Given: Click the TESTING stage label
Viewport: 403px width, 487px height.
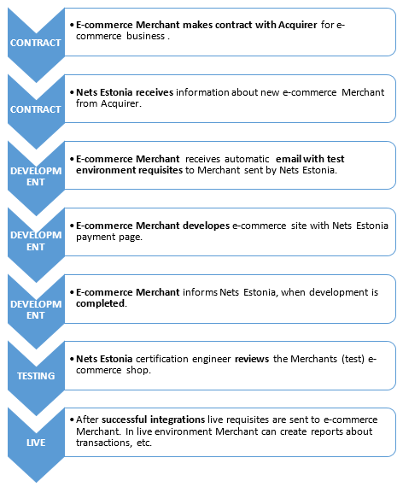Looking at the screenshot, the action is click(x=36, y=376).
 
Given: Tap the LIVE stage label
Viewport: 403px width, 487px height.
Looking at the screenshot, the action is click(x=36, y=443).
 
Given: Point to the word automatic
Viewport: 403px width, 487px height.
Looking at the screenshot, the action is click(x=247, y=159).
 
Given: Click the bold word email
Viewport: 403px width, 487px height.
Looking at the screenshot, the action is click(x=289, y=159).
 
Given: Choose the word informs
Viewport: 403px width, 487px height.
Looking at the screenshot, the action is click(x=200, y=292).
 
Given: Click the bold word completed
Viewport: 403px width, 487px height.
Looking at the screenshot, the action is click(x=100, y=303).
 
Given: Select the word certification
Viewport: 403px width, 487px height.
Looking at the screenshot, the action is click(x=161, y=359).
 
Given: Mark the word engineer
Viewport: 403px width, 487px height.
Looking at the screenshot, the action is click(x=211, y=360).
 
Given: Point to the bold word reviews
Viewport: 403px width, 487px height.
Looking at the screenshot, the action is click(x=252, y=359).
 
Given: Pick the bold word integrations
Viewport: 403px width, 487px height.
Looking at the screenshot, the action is click(x=178, y=420).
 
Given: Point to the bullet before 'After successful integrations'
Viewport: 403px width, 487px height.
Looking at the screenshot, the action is click(x=72, y=420).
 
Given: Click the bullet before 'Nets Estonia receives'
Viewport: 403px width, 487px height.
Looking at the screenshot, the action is click(x=72, y=92).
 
